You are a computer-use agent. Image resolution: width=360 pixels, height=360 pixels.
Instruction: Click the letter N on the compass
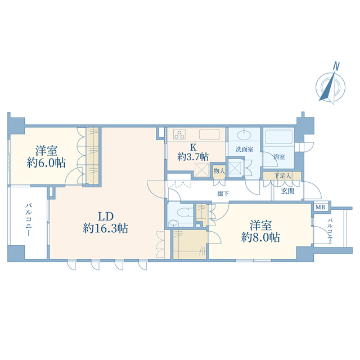click(336, 66)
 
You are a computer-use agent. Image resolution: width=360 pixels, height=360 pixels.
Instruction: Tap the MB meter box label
click(320, 208)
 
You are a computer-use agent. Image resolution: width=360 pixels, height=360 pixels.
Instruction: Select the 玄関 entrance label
click(287, 191)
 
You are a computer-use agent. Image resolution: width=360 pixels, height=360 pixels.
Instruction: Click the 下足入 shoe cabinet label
click(282, 176)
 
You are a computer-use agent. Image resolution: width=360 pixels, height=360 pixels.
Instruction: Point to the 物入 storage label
click(219, 170)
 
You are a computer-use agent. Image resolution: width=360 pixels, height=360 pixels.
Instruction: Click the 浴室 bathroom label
click(279, 157)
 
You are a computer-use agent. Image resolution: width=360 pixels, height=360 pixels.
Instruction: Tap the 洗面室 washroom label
click(245, 149)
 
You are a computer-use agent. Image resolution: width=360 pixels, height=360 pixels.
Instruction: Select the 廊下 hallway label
click(223, 193)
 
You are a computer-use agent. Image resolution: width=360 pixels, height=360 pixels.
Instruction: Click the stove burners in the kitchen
click(179, 134)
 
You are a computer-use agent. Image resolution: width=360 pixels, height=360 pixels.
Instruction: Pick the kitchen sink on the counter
click(209, 134)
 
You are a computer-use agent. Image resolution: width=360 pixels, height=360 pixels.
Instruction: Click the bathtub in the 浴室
click(279, 137)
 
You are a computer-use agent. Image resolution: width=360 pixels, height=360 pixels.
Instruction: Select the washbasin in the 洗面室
click(244, 134)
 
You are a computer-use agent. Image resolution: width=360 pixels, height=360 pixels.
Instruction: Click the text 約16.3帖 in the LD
click(105, 228)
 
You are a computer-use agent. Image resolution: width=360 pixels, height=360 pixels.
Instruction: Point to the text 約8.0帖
click(260, 237)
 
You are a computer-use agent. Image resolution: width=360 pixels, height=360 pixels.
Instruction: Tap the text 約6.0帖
click(46, 163)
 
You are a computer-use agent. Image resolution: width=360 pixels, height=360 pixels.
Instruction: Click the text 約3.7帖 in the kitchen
click(193, 157)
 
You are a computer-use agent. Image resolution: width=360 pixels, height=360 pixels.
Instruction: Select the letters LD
click(106, 216)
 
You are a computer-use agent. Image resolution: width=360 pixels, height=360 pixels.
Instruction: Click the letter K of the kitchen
click(193, 147)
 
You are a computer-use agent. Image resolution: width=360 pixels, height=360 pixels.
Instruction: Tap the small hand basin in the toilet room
click(173, 223)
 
